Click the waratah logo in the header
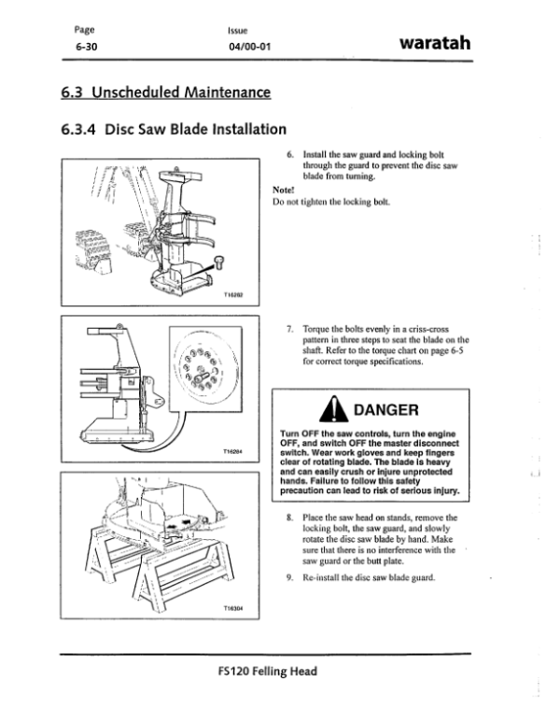tap(437, 41)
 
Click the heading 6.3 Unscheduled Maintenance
tap(164, 92)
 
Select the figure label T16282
tap(232, 294)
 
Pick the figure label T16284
tap(232, 451)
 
